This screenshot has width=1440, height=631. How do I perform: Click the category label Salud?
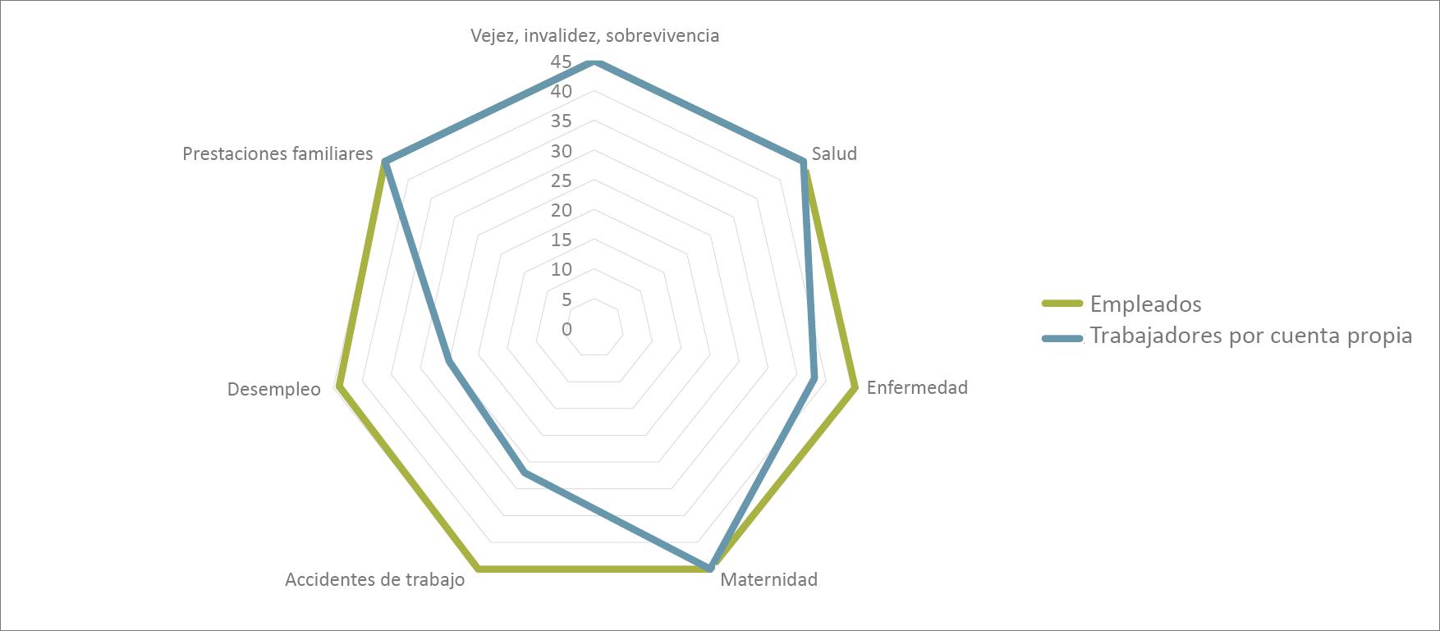pyautogui.click(x=834, y=154)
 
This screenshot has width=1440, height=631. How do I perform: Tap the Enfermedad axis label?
pyautogui.click(x=917, y=387)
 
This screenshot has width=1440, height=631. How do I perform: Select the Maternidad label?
pyautogui.click(x=768, y=580)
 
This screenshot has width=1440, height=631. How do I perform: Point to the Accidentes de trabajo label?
pyautogui.click(x=374, y=580)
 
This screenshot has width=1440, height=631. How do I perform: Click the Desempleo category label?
pyautogui.click(x=273, y=390)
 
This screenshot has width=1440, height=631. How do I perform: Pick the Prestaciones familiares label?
pyautogui.click(x=277, y=154)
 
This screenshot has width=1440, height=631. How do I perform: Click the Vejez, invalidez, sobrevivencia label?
pyautogui.click(x=594, y=36)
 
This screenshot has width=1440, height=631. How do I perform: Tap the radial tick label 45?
pyautogui.click(x=562, y=62)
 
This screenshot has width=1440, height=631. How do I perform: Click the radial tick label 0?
pyautogui.click(x=566, y=330)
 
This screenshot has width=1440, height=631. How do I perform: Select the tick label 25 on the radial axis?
pyautogui.click(x=562, y=181)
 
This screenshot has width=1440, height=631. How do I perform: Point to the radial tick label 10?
pyautogui.click(x=562, y=270)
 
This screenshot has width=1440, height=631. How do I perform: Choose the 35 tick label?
pyautogui.click(x=562, y=121)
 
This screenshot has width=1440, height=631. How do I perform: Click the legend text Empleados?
pyautogui.click(x=1145, y=304)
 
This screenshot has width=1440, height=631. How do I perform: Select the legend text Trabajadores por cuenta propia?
pyautogui.click(x=1250, y=336)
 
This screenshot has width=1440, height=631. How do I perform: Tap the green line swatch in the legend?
pyautogui.click(x=1062, y=304)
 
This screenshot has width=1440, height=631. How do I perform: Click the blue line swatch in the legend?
pyautogui.click(x=1062, y=337)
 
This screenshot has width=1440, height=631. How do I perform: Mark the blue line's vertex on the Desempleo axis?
pyautogui.click(x=448, y=362)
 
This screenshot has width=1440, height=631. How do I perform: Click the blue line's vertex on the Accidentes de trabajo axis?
pyautogui.click(x=524, y=473)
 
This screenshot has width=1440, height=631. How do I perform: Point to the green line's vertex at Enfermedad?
pyautogui.click(x=855, y=386)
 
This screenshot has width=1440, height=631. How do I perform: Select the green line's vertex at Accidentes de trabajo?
pyautogui.click(x=479, y=567)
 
